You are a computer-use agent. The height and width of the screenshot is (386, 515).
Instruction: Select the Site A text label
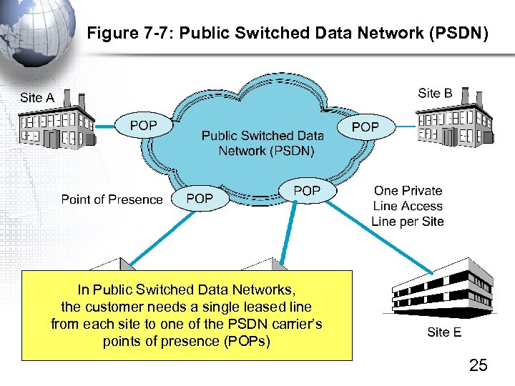[x=37, y=97]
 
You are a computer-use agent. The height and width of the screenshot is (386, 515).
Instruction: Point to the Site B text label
[x=435, y=93]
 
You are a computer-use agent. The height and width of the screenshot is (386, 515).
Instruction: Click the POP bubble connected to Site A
[x=144, y=126]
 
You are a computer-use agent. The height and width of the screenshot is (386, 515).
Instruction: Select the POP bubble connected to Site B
[x=366, y=127]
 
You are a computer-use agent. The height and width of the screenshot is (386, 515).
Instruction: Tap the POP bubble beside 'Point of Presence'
[x=200, y=199]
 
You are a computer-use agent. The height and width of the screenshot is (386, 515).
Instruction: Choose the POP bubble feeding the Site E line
[x=307, y=191]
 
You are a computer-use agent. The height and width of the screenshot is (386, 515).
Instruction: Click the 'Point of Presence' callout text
[x=112, y=199]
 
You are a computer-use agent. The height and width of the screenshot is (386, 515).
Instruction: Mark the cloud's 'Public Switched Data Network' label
[x=263, y=143]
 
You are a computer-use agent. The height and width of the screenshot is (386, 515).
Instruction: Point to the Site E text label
[x=444, y=332]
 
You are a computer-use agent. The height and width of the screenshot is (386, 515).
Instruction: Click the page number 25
[x=478, y=366]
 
